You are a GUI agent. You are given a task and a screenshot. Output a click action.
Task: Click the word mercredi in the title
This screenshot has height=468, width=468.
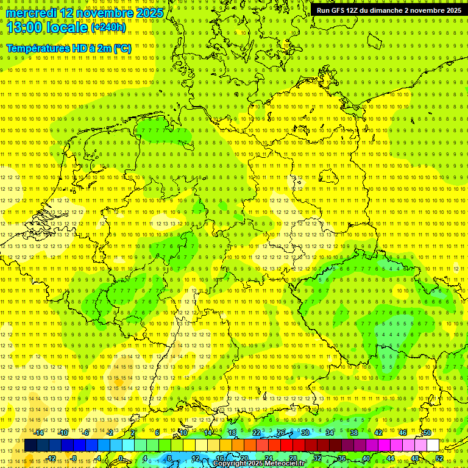[x=33, y=13]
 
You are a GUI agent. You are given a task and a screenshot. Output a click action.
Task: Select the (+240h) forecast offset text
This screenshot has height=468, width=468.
[x=109, y=28]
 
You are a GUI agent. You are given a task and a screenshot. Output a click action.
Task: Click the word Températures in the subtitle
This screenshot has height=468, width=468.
[x=37, y=48]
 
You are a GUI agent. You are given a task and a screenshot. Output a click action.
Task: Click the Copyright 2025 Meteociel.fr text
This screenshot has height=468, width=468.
[x=258, y=464]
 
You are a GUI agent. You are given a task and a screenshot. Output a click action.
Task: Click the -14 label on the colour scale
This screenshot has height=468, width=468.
[x=39, y=433]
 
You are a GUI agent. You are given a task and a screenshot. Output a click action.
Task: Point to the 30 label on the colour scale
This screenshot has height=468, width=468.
[x=305, y=433]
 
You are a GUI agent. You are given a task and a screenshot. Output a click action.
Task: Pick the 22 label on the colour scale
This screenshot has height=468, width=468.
[x=257, y=433]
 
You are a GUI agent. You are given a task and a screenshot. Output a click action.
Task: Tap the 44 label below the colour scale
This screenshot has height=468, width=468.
[x=391, y=458]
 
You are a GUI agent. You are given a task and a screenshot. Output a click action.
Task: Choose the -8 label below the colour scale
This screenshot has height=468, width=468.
[x=74, y=458]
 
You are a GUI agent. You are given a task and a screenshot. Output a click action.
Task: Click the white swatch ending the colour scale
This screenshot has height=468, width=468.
[x=433, y=445]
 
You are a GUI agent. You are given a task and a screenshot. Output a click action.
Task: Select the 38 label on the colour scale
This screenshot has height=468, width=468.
[x=354, y=433]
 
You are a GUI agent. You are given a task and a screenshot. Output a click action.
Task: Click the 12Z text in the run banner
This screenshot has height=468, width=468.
[x=353, y=10]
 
